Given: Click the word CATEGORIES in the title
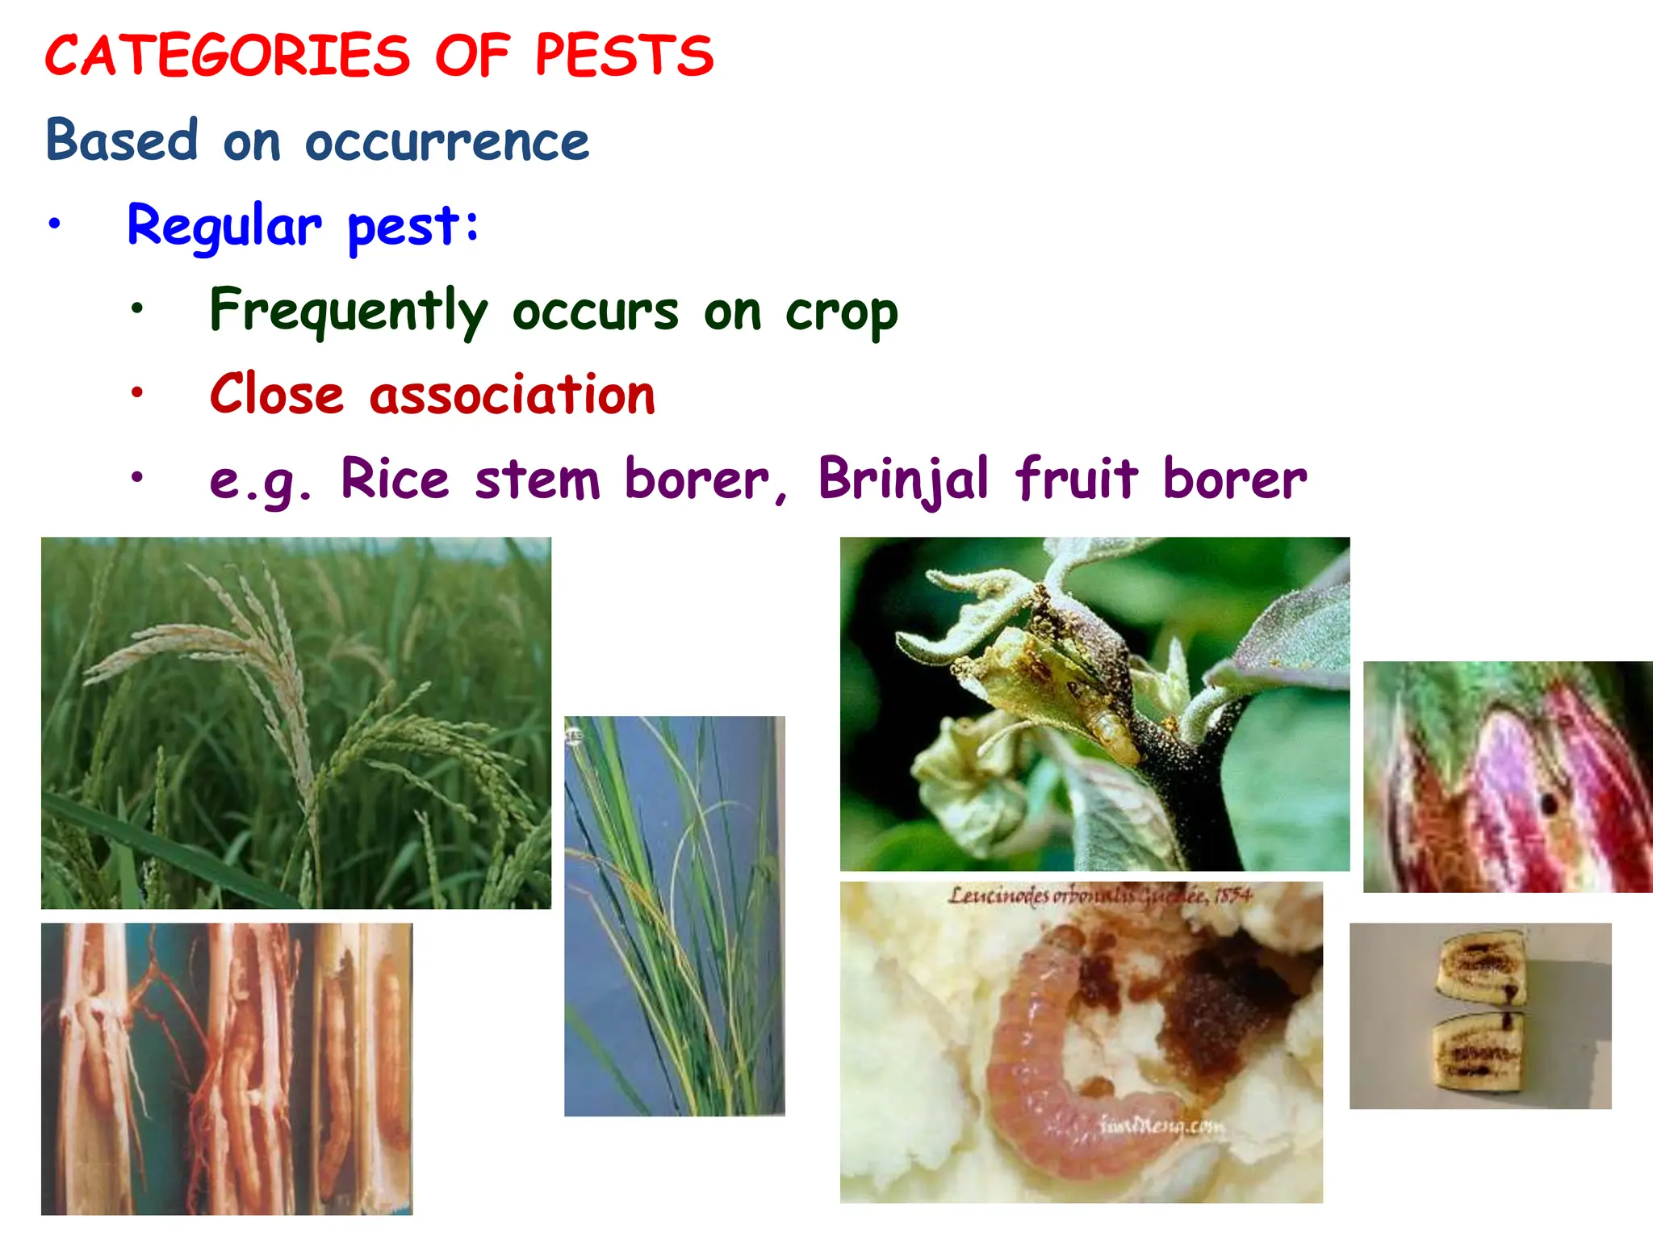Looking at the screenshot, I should (228, 57).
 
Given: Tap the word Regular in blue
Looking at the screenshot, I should (224, 226).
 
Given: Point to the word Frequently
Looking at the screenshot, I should (348, 312).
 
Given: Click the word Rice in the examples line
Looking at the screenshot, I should (394, 480).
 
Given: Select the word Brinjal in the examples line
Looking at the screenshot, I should (902, 480).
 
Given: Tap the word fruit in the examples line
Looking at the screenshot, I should (1076, 478).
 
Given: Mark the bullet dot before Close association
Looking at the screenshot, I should (137, 393).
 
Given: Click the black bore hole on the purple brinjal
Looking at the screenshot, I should (1548, 803).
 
